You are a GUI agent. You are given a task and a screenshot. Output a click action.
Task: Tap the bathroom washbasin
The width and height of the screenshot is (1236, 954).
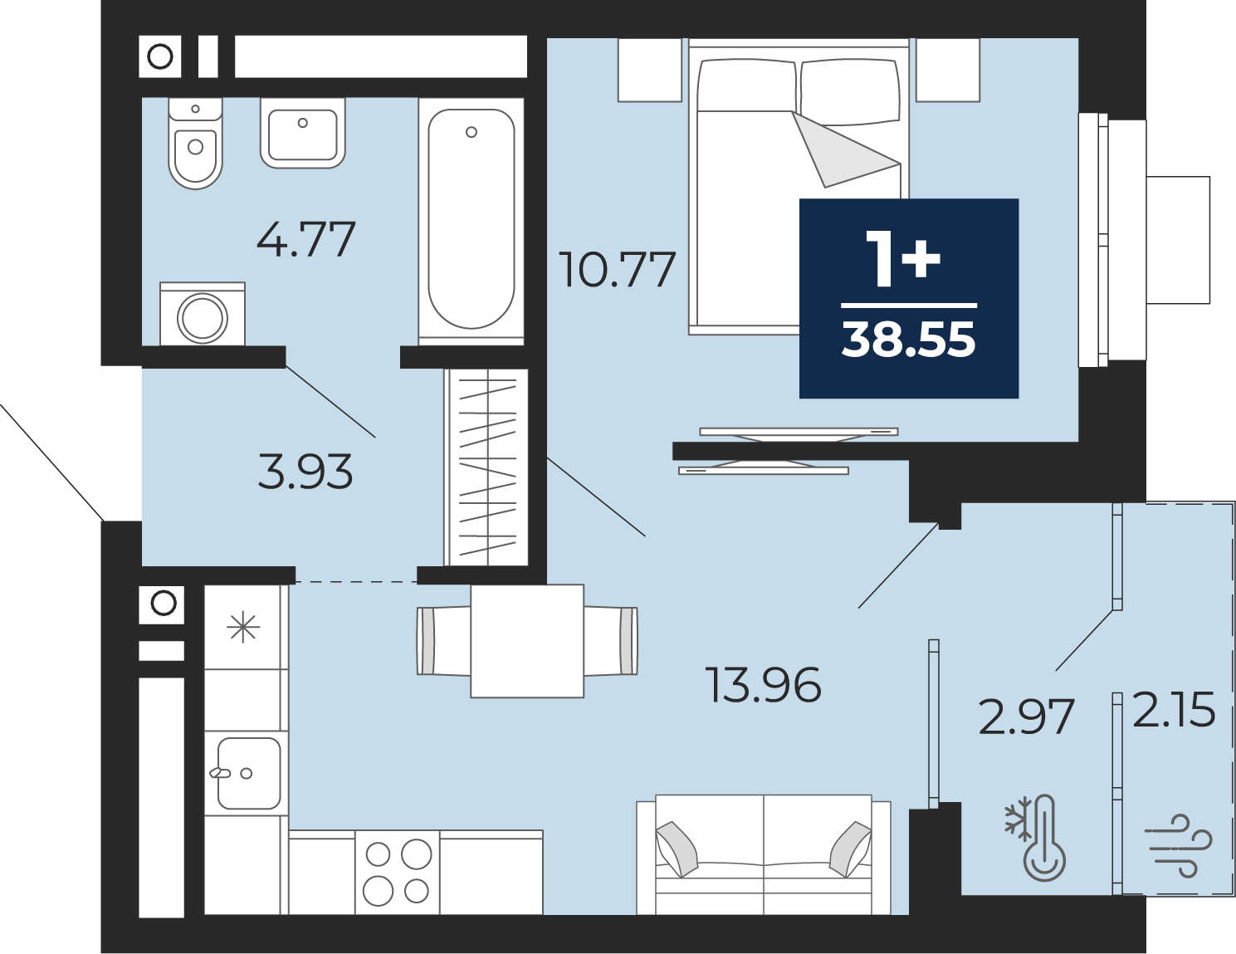[x=303, y=133]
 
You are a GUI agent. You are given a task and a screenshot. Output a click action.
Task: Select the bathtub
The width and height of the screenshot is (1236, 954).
[x=471, y=219]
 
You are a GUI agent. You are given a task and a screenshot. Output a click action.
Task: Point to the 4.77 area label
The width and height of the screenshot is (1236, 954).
[x=306, y=239]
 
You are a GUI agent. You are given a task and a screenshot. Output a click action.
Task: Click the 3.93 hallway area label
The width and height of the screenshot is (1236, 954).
[x=305, y=472]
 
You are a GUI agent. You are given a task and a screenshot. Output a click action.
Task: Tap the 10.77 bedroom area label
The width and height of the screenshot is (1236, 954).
[x=617, y=270]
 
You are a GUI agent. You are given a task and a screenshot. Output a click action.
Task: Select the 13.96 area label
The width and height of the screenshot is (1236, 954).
[x=763, y=684]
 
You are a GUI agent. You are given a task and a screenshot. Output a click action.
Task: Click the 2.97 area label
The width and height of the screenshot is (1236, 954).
[x=1026, y=717]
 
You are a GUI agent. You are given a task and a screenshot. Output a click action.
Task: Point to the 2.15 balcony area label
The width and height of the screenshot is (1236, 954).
[x=1174, y=709]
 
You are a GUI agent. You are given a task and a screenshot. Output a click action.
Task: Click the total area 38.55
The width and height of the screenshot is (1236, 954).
[x=908, y=340]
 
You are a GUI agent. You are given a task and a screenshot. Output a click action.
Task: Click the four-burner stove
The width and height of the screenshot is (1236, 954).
[x=397, y=872]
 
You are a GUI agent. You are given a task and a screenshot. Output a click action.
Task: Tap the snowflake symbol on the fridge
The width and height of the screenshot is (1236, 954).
[x=243, y=628]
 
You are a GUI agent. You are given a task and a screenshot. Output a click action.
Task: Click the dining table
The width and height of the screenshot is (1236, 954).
[x=527, y=641]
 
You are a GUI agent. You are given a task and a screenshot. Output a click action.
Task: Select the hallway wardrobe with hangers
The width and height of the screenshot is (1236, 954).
[x=487, y=467]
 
